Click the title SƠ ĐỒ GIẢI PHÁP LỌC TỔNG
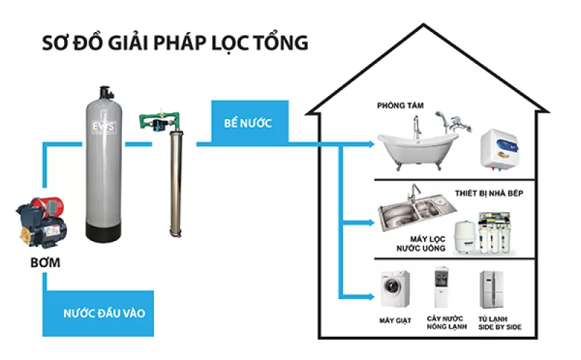[175, 42]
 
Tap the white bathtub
[417, 149]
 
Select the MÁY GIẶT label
[394, 319]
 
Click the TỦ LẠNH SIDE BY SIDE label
[495, 323]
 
